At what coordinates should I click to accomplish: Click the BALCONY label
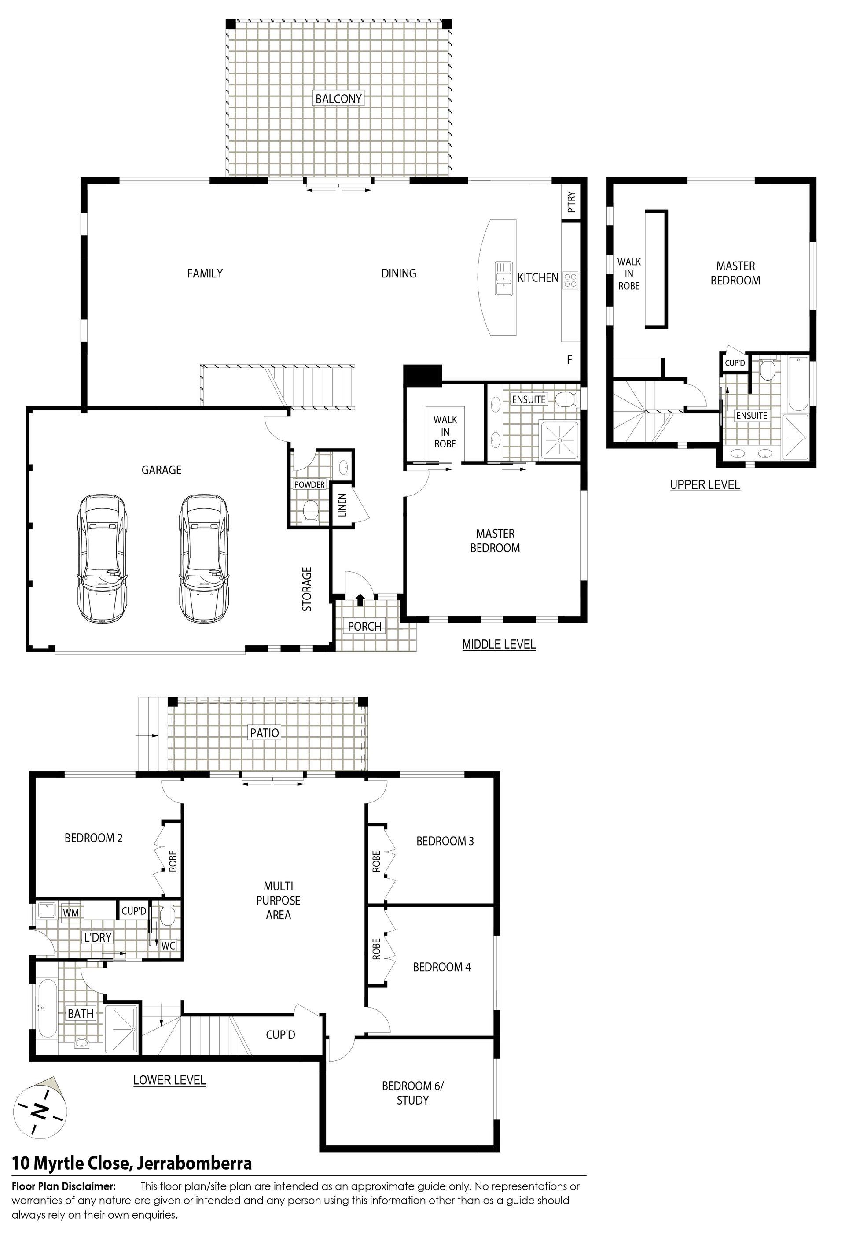338,98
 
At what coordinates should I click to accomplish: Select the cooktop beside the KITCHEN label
570,279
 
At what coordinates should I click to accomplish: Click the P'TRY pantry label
571,202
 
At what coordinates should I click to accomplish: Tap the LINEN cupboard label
342,505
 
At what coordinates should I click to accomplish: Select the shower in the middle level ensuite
561,439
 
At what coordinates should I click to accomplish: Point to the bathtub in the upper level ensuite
798,384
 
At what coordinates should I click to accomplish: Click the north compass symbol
40,1110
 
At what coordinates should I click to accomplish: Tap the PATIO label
265,733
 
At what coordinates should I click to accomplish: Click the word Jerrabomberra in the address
194,1164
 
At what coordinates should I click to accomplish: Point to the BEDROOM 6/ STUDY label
412,1093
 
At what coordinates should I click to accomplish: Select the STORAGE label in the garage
307,589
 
